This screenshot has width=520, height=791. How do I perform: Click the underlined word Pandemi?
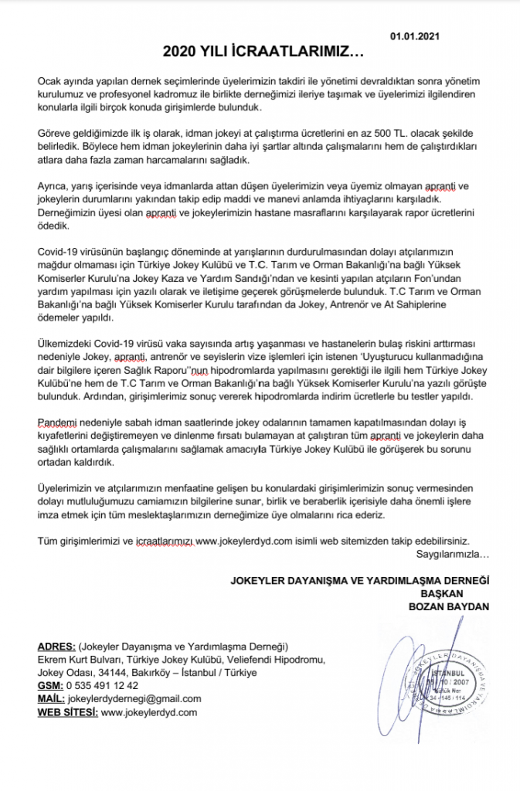click(58, 424)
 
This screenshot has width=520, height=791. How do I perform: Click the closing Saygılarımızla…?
click(454, 555)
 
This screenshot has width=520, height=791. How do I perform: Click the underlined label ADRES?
click(56, 646)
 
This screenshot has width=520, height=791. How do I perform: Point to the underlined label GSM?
click(52, 685)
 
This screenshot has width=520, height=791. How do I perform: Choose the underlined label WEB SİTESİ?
click(67, 711)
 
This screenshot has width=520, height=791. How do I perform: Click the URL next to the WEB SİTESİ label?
click(149, 711)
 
